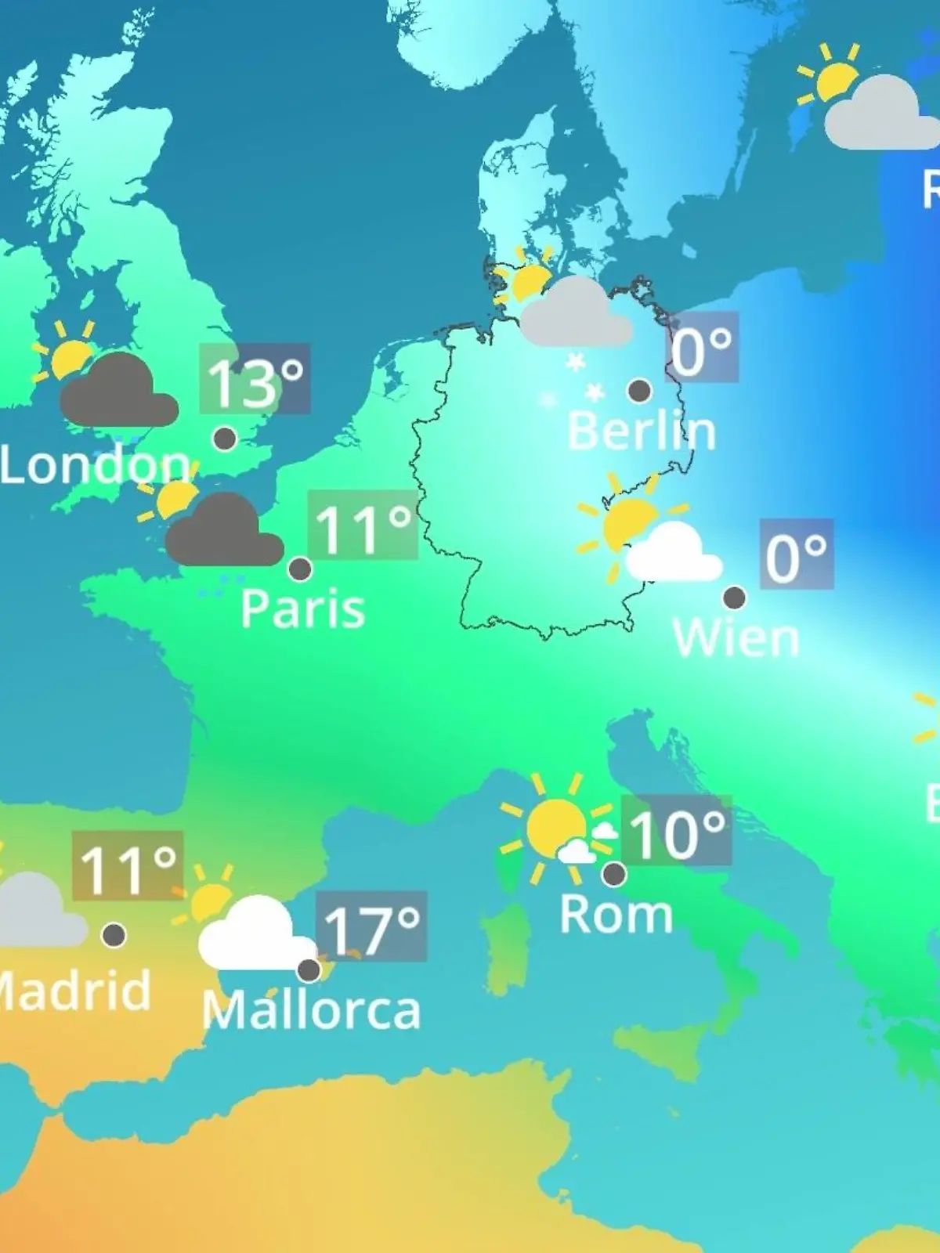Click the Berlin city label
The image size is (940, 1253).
coord(641,431)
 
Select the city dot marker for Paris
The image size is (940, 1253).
coord(300,569)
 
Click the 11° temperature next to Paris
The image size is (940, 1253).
coord(363,527)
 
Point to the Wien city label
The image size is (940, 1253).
coord(736,637)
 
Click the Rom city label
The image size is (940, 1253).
coord(616,914)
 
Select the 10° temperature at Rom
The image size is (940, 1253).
coord(677,832)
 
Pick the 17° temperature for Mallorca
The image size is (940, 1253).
coord(371,928)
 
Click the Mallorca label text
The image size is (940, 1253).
coord(311,1010)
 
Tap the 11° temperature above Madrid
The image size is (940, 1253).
coord(128,868)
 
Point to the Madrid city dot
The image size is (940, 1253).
coord(114,934)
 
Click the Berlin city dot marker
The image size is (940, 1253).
coord(639,390)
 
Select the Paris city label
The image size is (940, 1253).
coord(302,608)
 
